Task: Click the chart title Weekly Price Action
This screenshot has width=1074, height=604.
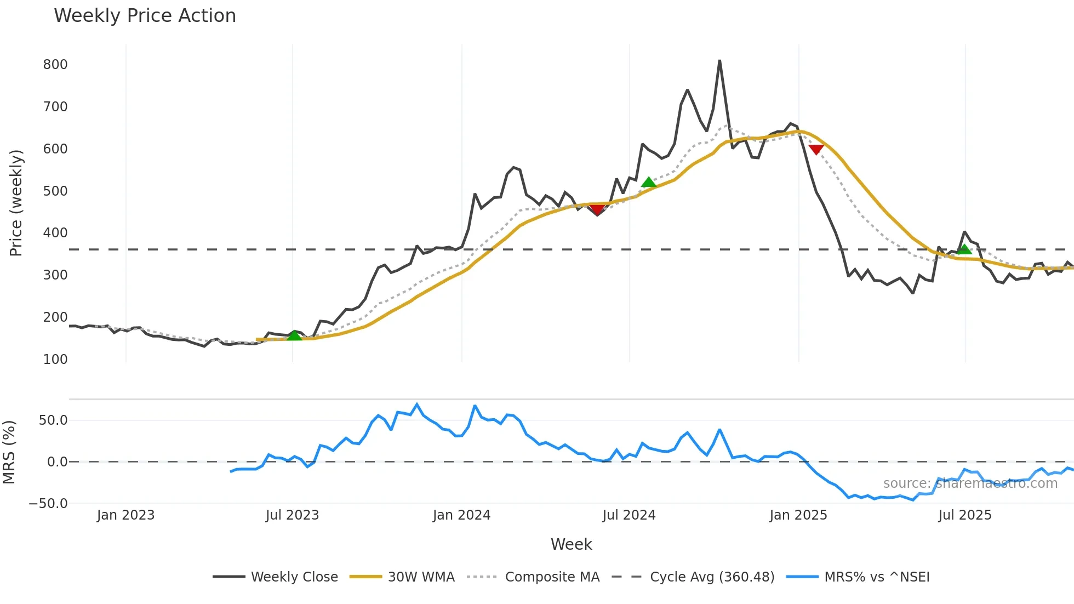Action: coord(145,16)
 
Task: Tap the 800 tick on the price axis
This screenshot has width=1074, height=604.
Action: coord(55,65)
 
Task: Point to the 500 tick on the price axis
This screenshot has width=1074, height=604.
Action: coord(55,191)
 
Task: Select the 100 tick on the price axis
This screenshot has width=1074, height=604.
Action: coord(55,360)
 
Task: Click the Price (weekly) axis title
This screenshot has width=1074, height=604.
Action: coord(16,203)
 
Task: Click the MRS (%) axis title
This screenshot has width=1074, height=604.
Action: coord(9,452)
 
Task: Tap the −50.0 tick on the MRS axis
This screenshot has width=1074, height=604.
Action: coord(48,504)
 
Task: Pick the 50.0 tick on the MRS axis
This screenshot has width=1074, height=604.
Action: coord(53,420)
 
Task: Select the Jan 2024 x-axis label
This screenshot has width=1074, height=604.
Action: coord(461,515)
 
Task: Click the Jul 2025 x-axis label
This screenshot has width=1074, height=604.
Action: coord(964,515)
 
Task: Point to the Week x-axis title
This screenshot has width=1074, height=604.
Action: coord(571,544)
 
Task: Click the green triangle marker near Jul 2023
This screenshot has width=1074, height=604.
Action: coord(294,335)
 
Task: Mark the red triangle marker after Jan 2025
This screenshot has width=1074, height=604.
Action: coord(816,149)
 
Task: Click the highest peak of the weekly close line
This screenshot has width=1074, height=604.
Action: coord(719,61)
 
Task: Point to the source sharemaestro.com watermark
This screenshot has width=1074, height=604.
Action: coord(970,483)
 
